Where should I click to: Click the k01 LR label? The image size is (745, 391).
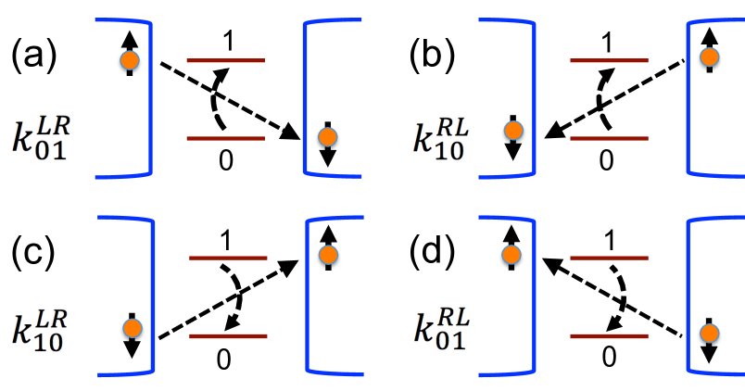[41, 139]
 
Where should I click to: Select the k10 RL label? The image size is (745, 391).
[442, 139]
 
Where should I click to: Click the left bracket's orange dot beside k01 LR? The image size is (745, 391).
[130, 60]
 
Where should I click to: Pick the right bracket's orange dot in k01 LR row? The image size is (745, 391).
[327, 137]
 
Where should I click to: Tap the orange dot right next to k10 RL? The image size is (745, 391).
[513, 131]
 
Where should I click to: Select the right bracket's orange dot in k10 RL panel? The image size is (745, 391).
[709, 57]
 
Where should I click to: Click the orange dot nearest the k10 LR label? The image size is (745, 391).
[133, 328]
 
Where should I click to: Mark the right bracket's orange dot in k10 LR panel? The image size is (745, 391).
[328, 255]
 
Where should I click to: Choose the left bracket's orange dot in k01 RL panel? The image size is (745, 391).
[511, 255]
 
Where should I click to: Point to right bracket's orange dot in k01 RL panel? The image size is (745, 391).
[709, 333]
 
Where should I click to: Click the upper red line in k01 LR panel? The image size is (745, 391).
[225, 61]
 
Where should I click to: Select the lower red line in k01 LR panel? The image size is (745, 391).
[225, 139]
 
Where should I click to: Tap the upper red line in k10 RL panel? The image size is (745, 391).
[609, 61]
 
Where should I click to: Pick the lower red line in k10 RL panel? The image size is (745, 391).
[609, 139]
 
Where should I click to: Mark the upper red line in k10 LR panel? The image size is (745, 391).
[228, 259]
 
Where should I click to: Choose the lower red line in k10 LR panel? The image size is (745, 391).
[228, 336]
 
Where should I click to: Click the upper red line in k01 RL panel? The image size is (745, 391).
[609, 259]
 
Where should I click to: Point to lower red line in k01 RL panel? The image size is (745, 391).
[609, 336]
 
